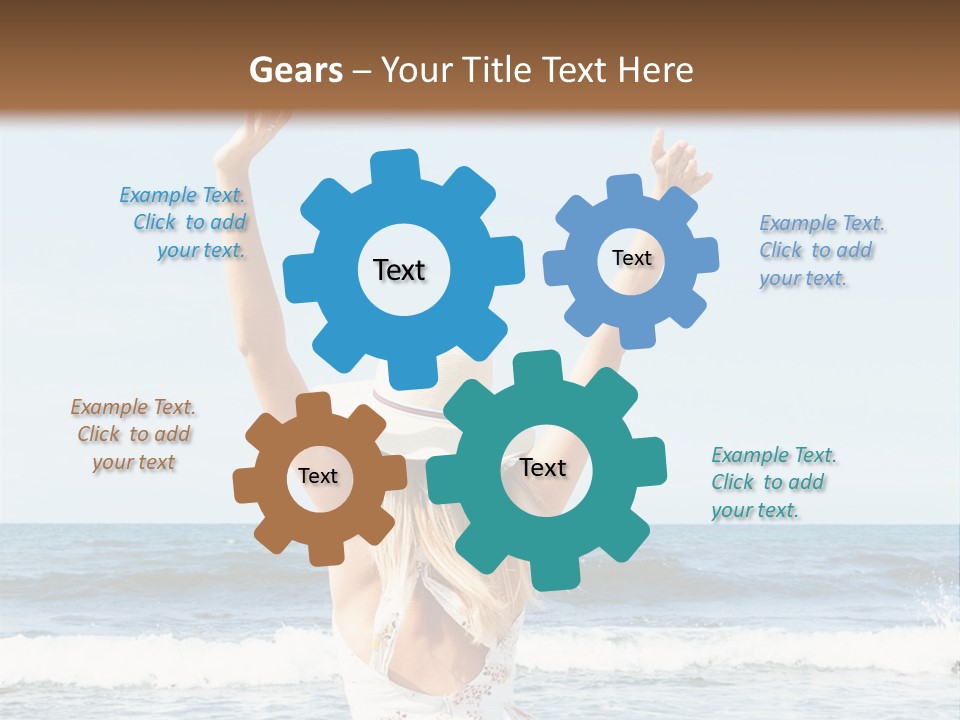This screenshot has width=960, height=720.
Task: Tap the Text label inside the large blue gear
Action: click(x=399, y=270)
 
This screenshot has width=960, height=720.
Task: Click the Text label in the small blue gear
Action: click(x=631, y=258)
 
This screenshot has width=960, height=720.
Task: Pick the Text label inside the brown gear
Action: click(x=317, y=477)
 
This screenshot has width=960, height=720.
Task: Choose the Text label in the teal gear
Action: click(x=543, y=468)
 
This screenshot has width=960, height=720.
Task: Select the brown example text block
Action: click(x=133, y=435)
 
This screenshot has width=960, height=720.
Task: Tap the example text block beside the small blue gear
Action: click(x=821, y=251)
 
